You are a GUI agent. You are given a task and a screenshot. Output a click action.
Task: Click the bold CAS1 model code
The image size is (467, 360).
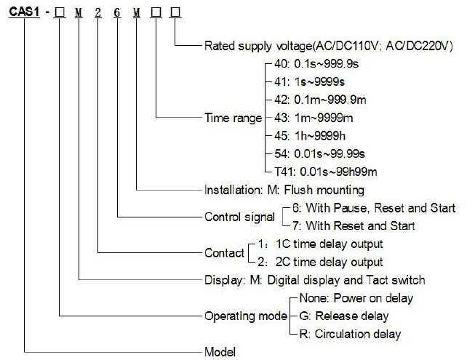(x=24, y=12)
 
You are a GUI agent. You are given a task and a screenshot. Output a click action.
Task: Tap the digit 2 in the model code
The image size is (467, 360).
(x=98, y=12)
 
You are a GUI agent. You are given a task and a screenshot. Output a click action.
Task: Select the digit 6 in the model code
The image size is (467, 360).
(x=117, y=12)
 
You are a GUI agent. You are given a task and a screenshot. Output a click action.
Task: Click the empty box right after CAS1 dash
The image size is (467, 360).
(x=60, y=12)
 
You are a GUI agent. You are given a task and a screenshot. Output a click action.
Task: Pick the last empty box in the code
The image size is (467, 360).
(x=175, y=12)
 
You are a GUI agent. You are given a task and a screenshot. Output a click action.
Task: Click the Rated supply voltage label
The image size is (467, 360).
(x=329, y=46)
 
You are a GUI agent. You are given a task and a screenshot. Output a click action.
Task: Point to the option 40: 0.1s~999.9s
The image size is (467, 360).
(x=316, y=64)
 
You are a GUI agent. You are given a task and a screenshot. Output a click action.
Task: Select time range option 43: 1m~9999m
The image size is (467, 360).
(x=314, y=118)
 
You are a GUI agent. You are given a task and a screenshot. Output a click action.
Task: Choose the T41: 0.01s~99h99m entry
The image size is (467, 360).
(x=326, y=172)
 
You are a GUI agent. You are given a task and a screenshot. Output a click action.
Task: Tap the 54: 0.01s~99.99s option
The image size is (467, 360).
(x=319, y=154)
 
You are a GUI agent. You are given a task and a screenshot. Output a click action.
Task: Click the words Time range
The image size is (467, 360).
(x=233, y=119)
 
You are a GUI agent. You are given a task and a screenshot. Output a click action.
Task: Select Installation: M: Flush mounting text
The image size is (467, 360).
(x=284, y=190)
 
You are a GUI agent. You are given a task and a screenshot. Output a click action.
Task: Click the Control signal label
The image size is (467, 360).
(x=239, y=217)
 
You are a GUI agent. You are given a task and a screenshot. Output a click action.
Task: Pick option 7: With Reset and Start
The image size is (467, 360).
(x=354, y=225)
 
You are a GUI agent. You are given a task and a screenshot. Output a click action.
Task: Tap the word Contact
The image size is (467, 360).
(x=224, y=253)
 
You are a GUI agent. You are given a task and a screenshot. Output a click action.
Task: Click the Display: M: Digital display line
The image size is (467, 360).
(x=314, y=280)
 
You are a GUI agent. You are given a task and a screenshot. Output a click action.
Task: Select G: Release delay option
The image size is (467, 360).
(x=343, y=316)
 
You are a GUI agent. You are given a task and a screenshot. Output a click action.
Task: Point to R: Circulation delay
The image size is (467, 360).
(x=350, y=334)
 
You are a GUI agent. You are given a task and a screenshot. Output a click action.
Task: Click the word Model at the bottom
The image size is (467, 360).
(x=220, y=352)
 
